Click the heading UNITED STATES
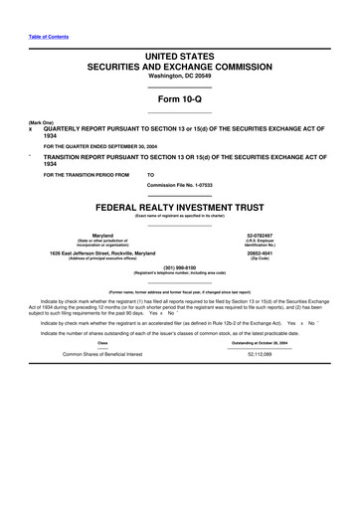179,61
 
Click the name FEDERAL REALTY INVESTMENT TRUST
179,212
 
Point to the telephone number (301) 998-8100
179,266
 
